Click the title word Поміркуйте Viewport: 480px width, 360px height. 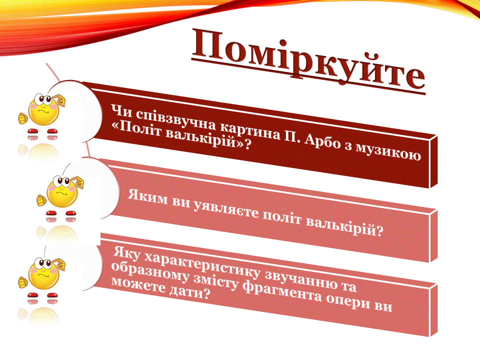click(308, 61)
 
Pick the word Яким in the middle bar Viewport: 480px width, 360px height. click(148, 196)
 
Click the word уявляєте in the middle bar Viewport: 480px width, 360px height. click(226, 209)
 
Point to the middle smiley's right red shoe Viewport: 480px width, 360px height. click(70, 213)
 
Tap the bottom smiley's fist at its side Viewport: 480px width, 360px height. click(23, 282)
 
